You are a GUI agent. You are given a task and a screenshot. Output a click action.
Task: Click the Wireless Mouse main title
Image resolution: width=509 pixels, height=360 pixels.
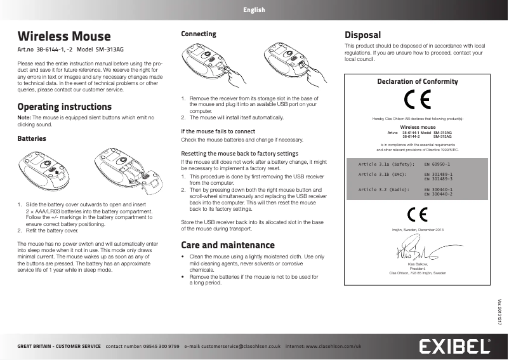(63, 36)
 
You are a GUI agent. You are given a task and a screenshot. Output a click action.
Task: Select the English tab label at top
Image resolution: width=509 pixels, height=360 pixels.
(254, 10)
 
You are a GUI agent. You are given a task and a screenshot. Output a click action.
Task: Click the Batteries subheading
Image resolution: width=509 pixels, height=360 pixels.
(31, 138)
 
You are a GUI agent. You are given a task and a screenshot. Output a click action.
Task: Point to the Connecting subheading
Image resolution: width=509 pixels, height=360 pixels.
(199, 34)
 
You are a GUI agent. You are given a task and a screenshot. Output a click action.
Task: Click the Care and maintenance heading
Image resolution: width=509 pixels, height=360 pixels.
(228, 245)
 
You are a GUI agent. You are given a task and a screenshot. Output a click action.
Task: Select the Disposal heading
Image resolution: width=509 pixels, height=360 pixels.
(362, 35)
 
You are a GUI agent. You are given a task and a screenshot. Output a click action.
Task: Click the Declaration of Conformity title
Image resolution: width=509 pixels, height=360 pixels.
(417, 82)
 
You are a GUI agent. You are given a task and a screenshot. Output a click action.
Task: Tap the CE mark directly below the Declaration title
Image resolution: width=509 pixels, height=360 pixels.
(417, 100)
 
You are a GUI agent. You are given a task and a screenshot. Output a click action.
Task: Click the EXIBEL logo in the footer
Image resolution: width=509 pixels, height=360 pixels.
(455, 346)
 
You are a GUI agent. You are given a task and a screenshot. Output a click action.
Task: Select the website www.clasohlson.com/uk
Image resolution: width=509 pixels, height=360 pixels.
(333, 347)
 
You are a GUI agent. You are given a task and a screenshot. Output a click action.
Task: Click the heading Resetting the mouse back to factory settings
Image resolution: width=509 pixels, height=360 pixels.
(240, 154)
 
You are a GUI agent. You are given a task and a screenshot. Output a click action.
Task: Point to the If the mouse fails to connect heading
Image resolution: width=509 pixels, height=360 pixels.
(218, 131)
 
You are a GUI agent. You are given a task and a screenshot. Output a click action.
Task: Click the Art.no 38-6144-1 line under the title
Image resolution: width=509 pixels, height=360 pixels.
(79, 50)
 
